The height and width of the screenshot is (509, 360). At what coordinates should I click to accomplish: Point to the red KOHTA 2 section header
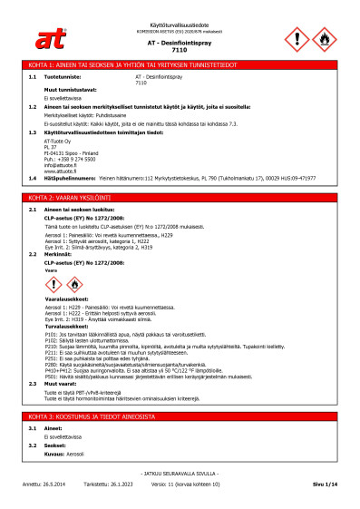pos(180,197)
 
